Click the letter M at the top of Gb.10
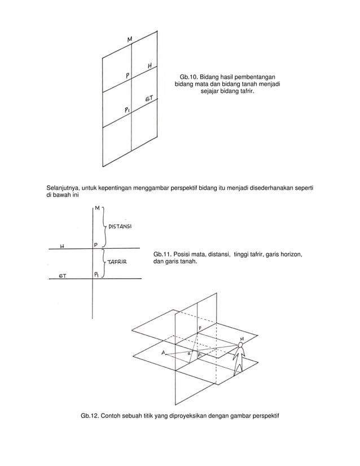[x=130, y=39]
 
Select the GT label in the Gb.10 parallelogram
[x=150, y=99]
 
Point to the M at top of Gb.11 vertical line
[x=98, y=208]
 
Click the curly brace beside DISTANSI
[x=104, y=227]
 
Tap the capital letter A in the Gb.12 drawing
[x=163, y=353]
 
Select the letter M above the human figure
[x=242, y=338]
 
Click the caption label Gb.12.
[x=91, y=417]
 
